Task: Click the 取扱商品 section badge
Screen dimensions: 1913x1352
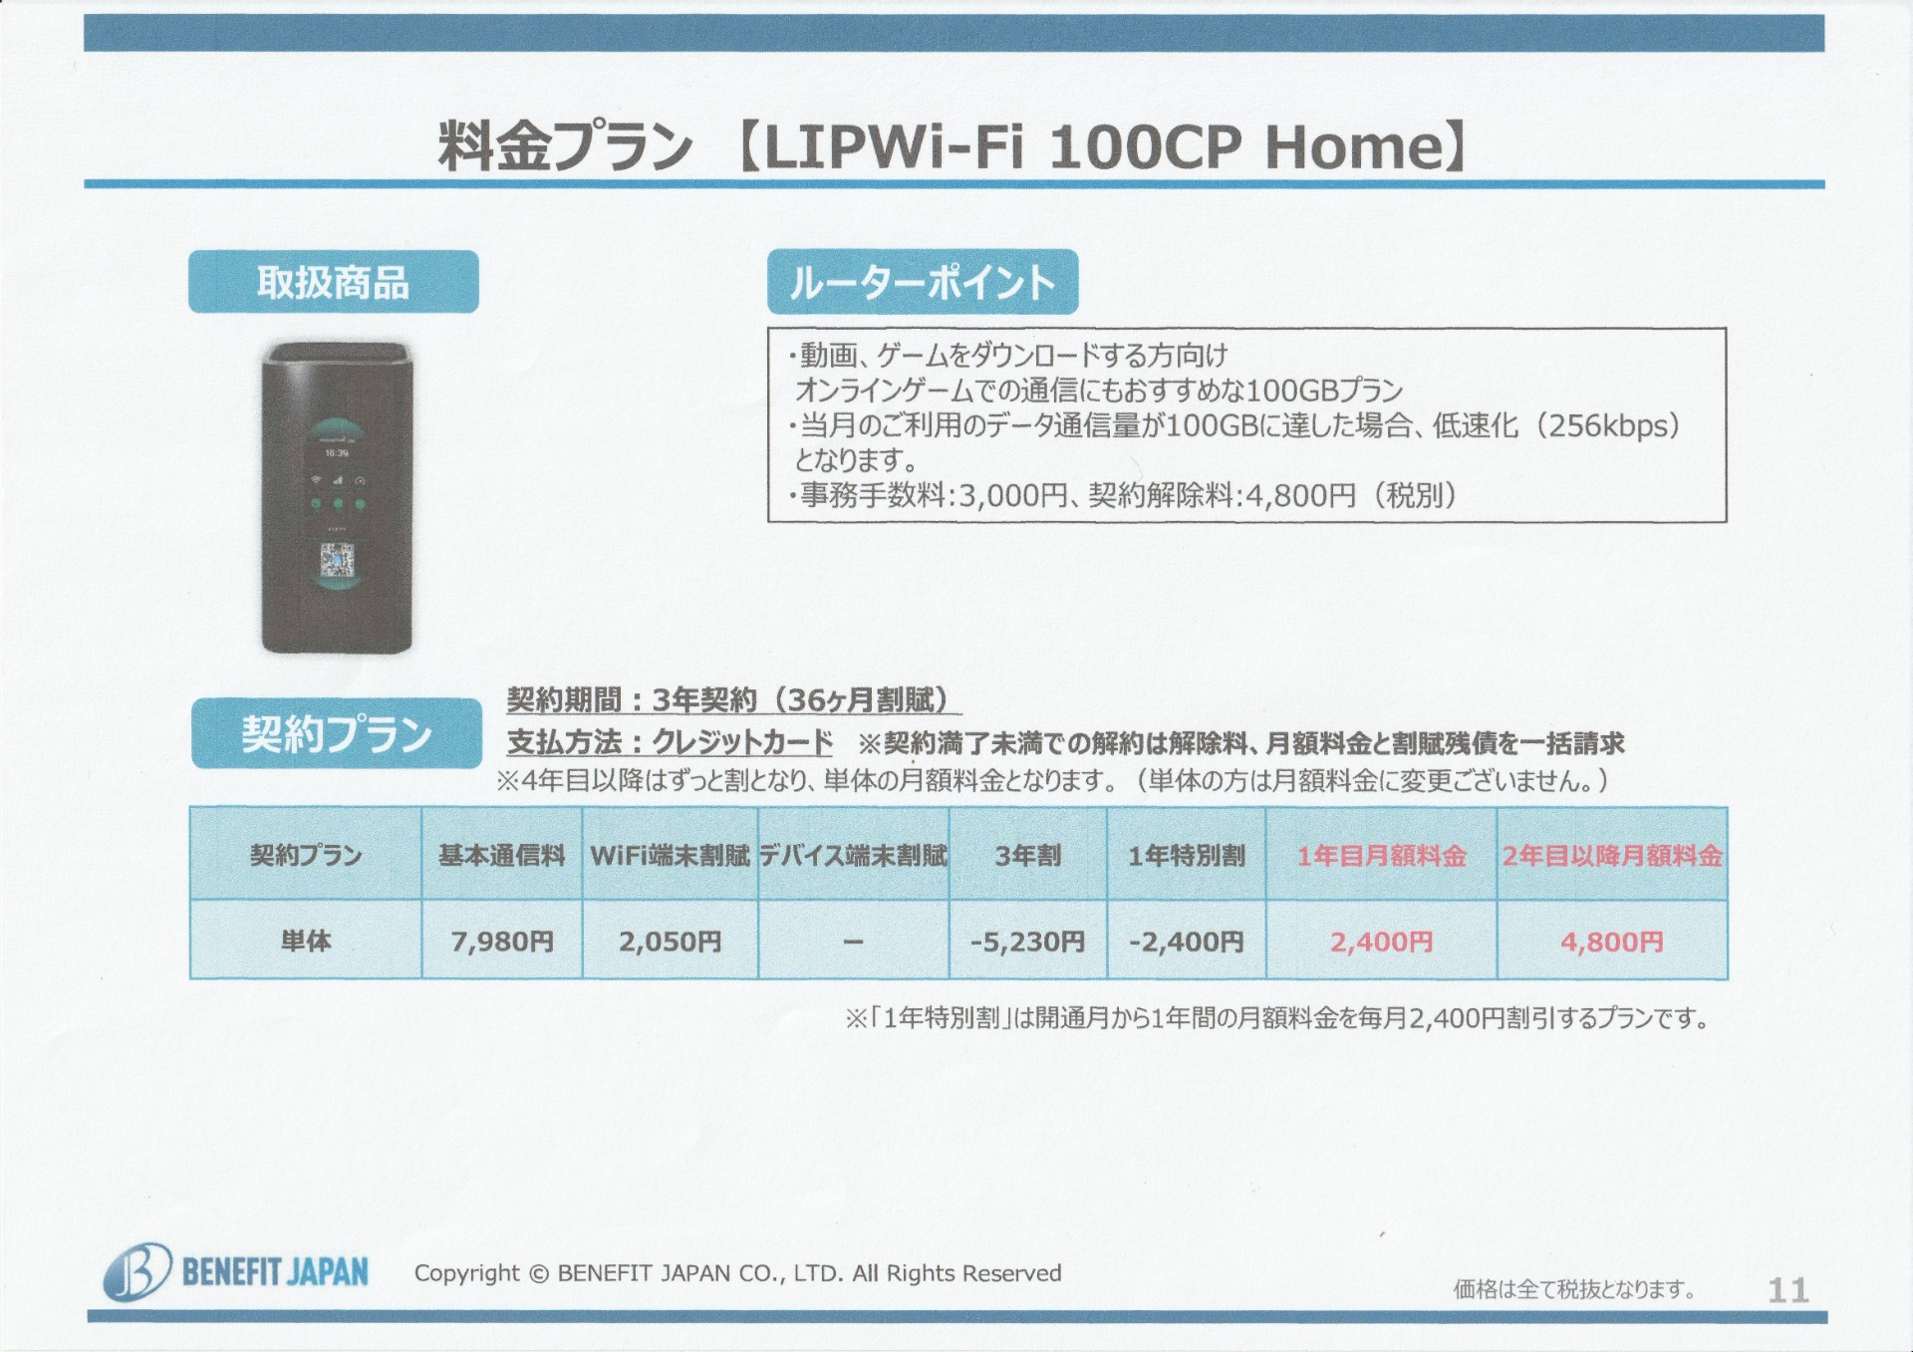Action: point(334,282)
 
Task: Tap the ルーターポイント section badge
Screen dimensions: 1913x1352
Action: point(923,282)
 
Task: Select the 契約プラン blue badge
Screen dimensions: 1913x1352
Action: point(337,733)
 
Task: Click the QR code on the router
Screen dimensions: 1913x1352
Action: point(338,560)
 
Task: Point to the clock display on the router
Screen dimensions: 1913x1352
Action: point(337,453)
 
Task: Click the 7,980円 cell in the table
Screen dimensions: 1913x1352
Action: point(502,941)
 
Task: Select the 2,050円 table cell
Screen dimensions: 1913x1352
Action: point(670,941)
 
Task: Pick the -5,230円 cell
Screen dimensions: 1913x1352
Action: point(1028,941)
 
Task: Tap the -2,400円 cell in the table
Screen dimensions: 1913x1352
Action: point(1187,941)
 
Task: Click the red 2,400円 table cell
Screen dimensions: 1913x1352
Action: point(1382,941)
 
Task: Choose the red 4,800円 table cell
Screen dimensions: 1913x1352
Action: point(1612,941)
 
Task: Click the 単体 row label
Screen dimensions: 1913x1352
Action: point(306,941)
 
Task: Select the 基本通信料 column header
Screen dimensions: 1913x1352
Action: point(502,855)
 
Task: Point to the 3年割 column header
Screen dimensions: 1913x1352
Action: point(1028,855)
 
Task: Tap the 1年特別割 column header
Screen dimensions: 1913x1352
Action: point(1187,855)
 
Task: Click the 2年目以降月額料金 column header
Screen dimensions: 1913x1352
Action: point(1612,855)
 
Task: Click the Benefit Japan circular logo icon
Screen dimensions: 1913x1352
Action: point(137,1272)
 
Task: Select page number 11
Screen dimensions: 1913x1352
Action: point(1788,1290)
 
